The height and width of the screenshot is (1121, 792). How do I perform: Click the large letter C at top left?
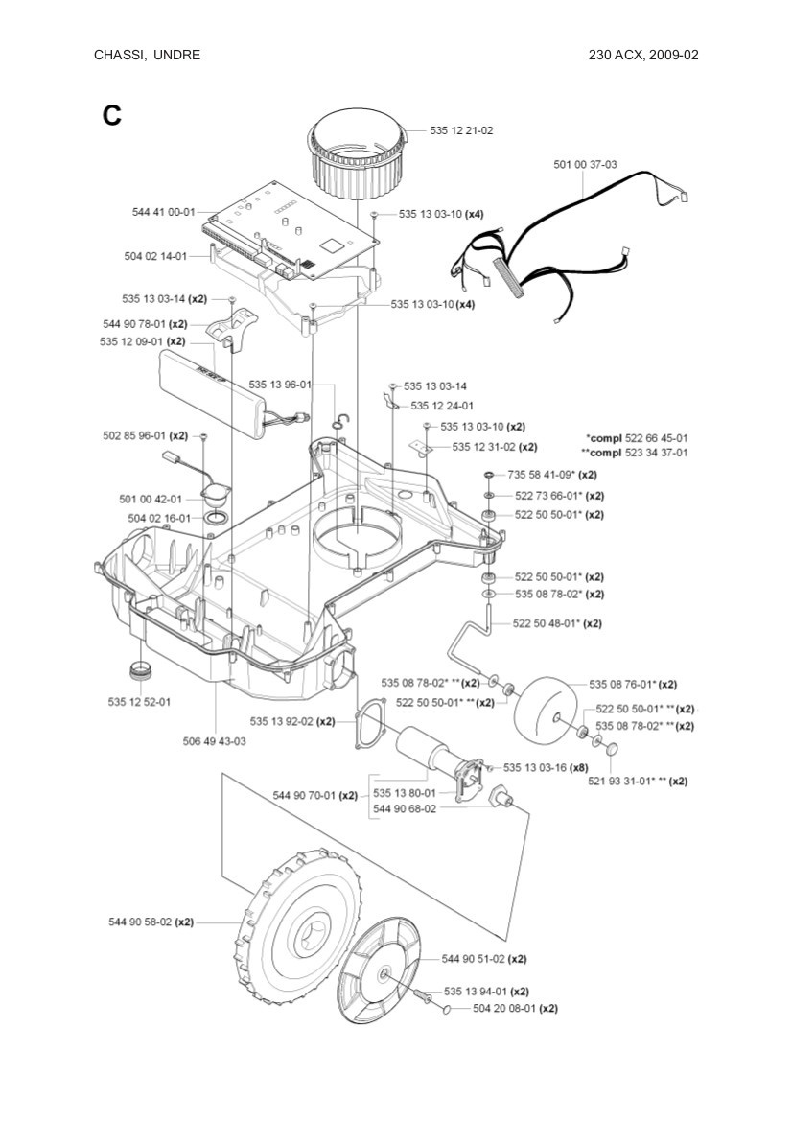coord(112,116)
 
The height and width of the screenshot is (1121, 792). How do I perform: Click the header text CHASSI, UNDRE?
coord(147,55)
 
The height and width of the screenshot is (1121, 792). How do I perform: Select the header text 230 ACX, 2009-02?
coord(643,55)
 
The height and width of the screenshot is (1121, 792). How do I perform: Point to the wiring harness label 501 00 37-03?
coord(585,165)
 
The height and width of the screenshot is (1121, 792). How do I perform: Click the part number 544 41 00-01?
coord(163,211)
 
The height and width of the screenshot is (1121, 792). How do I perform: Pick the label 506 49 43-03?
coord(215,741)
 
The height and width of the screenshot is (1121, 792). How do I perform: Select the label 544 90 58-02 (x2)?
coord(151,922)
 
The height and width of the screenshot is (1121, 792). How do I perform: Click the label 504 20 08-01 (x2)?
coord(515,1008)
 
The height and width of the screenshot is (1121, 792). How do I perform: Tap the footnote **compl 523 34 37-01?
coord(634,452)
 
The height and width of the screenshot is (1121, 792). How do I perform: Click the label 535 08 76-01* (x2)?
coord(633,685)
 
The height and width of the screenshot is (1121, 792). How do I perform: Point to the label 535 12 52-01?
coord(139,701)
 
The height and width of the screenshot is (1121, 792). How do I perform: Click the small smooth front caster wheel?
coord(547,710)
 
